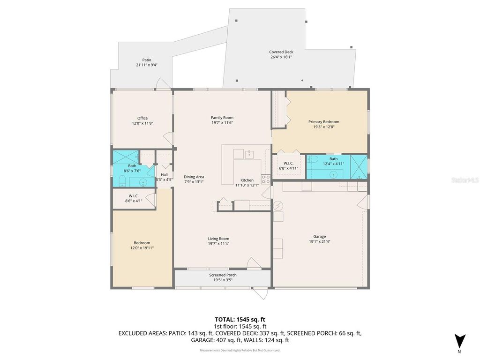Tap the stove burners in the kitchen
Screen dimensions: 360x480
tap(265, 179)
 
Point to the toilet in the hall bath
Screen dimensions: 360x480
tap(122, 181)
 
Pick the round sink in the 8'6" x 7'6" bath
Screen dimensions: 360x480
tap(143, 182)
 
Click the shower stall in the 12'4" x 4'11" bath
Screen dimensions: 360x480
tap(360, 166)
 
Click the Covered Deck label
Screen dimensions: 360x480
tap(281, 52)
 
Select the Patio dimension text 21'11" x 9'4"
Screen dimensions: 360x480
tap(147, 65)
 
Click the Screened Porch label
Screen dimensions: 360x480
tap(223, 275)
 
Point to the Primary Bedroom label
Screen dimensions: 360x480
tap(323, 122)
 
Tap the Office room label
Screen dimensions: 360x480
tap(142, 118)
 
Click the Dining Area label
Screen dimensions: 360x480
tap(194, 177)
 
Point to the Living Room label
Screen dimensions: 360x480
tap(218, 238)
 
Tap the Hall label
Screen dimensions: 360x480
tap(164, 174)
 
